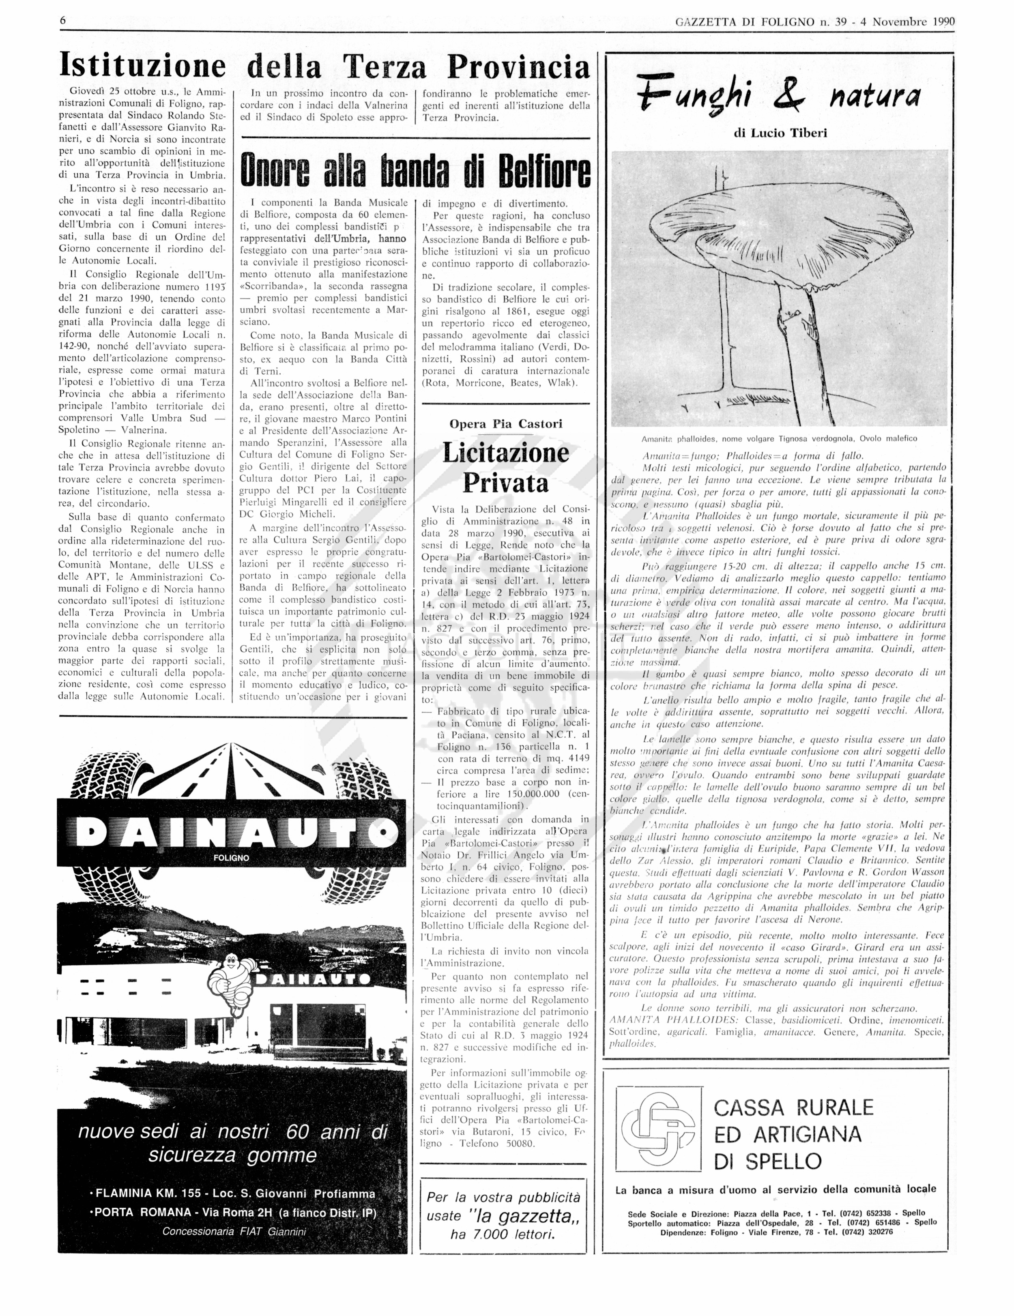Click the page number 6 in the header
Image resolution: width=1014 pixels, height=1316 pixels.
coord(62,21)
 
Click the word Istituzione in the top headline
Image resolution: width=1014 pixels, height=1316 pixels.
coord(142,66)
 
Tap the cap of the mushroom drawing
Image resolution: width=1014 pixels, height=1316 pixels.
coord(777,235)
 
